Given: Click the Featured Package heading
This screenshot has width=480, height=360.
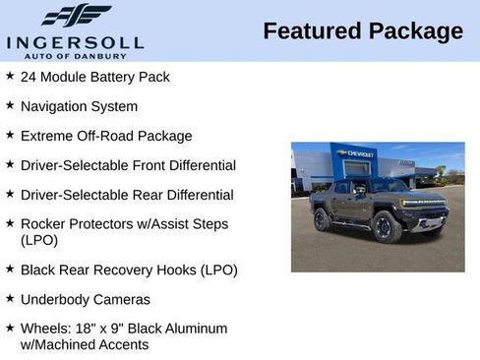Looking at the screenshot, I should pos(362,31).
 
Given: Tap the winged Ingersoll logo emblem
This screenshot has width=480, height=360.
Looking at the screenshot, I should pos(77,15).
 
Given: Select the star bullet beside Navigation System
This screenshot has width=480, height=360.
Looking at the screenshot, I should pos(10,104).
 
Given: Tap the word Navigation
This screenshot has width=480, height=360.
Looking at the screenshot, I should pos(54,106).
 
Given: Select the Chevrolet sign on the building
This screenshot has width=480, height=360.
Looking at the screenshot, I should pos(355,153).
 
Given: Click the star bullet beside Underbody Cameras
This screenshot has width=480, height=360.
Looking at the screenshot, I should pos(10,297).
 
